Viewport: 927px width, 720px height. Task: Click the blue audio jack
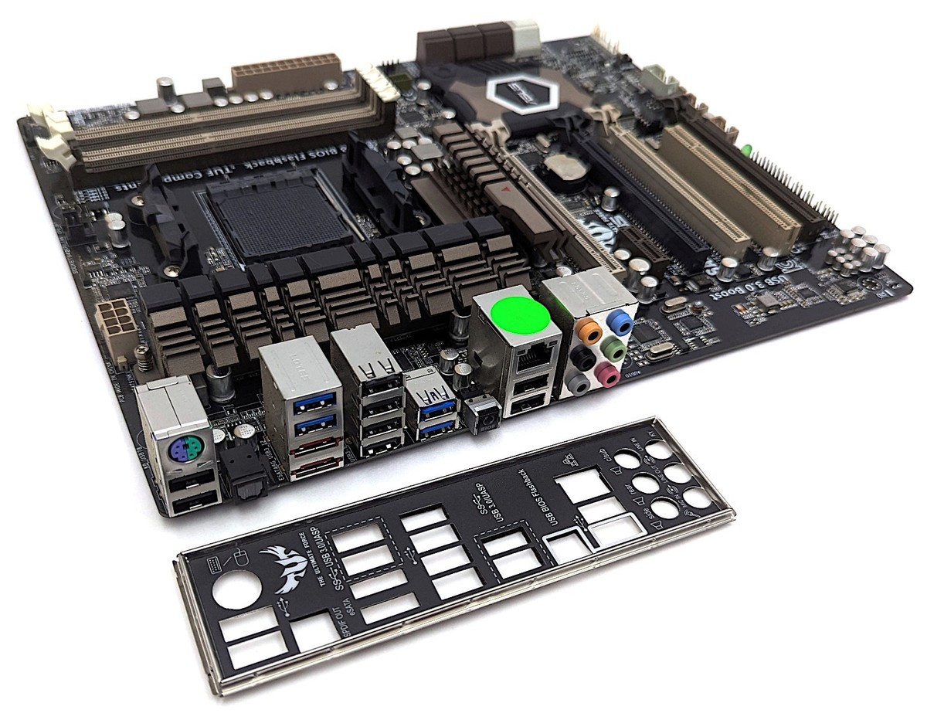click(x=619, y=318)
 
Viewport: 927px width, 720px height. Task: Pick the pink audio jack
click(x=609, y=375)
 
